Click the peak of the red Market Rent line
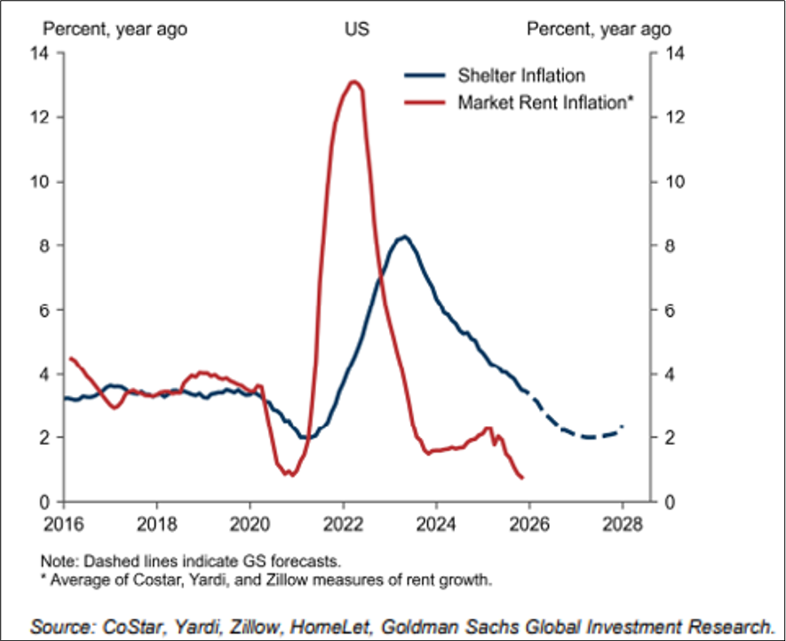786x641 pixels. click(x=353, y=82)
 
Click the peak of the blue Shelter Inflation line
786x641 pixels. click(x=403, y=236)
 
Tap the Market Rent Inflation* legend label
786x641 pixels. click(x=545, y=102)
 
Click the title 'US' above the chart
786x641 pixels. click(x=357, y=29)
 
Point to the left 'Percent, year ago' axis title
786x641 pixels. click(x=115, y=29)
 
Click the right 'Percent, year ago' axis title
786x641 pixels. click(x=599, y=29)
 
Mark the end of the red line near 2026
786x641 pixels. click(x=522, y=478)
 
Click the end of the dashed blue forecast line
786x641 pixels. click(x=623, y=427)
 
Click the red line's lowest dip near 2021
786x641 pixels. click(x=289, y=474)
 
